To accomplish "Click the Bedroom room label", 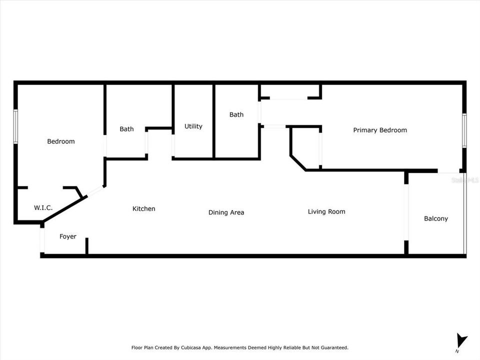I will [61, 141].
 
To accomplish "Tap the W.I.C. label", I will [43, 207].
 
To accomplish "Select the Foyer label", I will [68, 236].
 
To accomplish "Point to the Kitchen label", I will [143, 208].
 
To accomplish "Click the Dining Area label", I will [226, 212].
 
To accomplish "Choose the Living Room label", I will [326, 211].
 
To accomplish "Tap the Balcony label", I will [435, 218].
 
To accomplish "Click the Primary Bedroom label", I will [380, 130].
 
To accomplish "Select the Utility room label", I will [193, 126].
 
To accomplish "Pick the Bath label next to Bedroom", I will [126, 129].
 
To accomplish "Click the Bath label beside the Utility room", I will [236, 114].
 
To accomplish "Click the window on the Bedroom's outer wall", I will [15, 126].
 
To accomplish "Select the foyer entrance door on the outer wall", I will [42, 240].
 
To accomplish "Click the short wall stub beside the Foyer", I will [87, 246].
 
